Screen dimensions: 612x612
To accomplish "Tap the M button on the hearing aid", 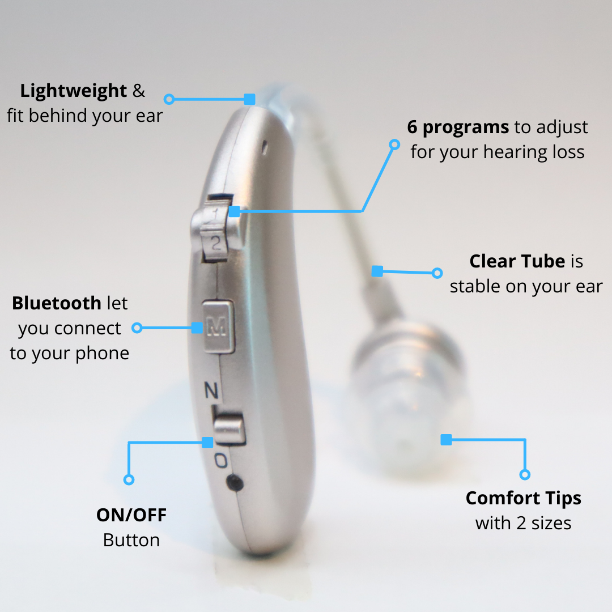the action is (x=218, y=326).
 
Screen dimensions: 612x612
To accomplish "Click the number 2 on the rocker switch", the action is (x=215, y=243).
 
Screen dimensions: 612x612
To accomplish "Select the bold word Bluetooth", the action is (x=57, y=303).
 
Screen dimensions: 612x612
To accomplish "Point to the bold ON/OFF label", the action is (x=131, y=515).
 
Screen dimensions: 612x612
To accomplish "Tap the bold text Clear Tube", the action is (x=517, y=261).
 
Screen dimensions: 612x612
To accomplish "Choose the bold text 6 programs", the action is (x=458, y=127).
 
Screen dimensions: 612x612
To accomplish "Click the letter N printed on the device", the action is (x=211, y=390).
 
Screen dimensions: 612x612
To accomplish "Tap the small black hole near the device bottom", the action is (x=235, y=483).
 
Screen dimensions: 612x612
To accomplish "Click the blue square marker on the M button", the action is (x=197, y=328).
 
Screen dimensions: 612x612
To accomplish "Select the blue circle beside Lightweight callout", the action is (x=169, y=99).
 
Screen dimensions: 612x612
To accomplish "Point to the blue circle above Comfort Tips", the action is (x=525, y=475).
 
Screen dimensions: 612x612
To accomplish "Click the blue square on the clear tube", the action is (x=377, y=271).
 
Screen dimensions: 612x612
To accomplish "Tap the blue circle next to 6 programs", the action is (x=394, y=145).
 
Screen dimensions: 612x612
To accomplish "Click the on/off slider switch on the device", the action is (x=229, y=430).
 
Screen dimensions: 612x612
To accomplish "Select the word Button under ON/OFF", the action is (x=131, y=541).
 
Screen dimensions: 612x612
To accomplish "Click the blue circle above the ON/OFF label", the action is (x=129, y=479).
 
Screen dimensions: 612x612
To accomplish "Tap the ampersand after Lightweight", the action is (x=139, y=91).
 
